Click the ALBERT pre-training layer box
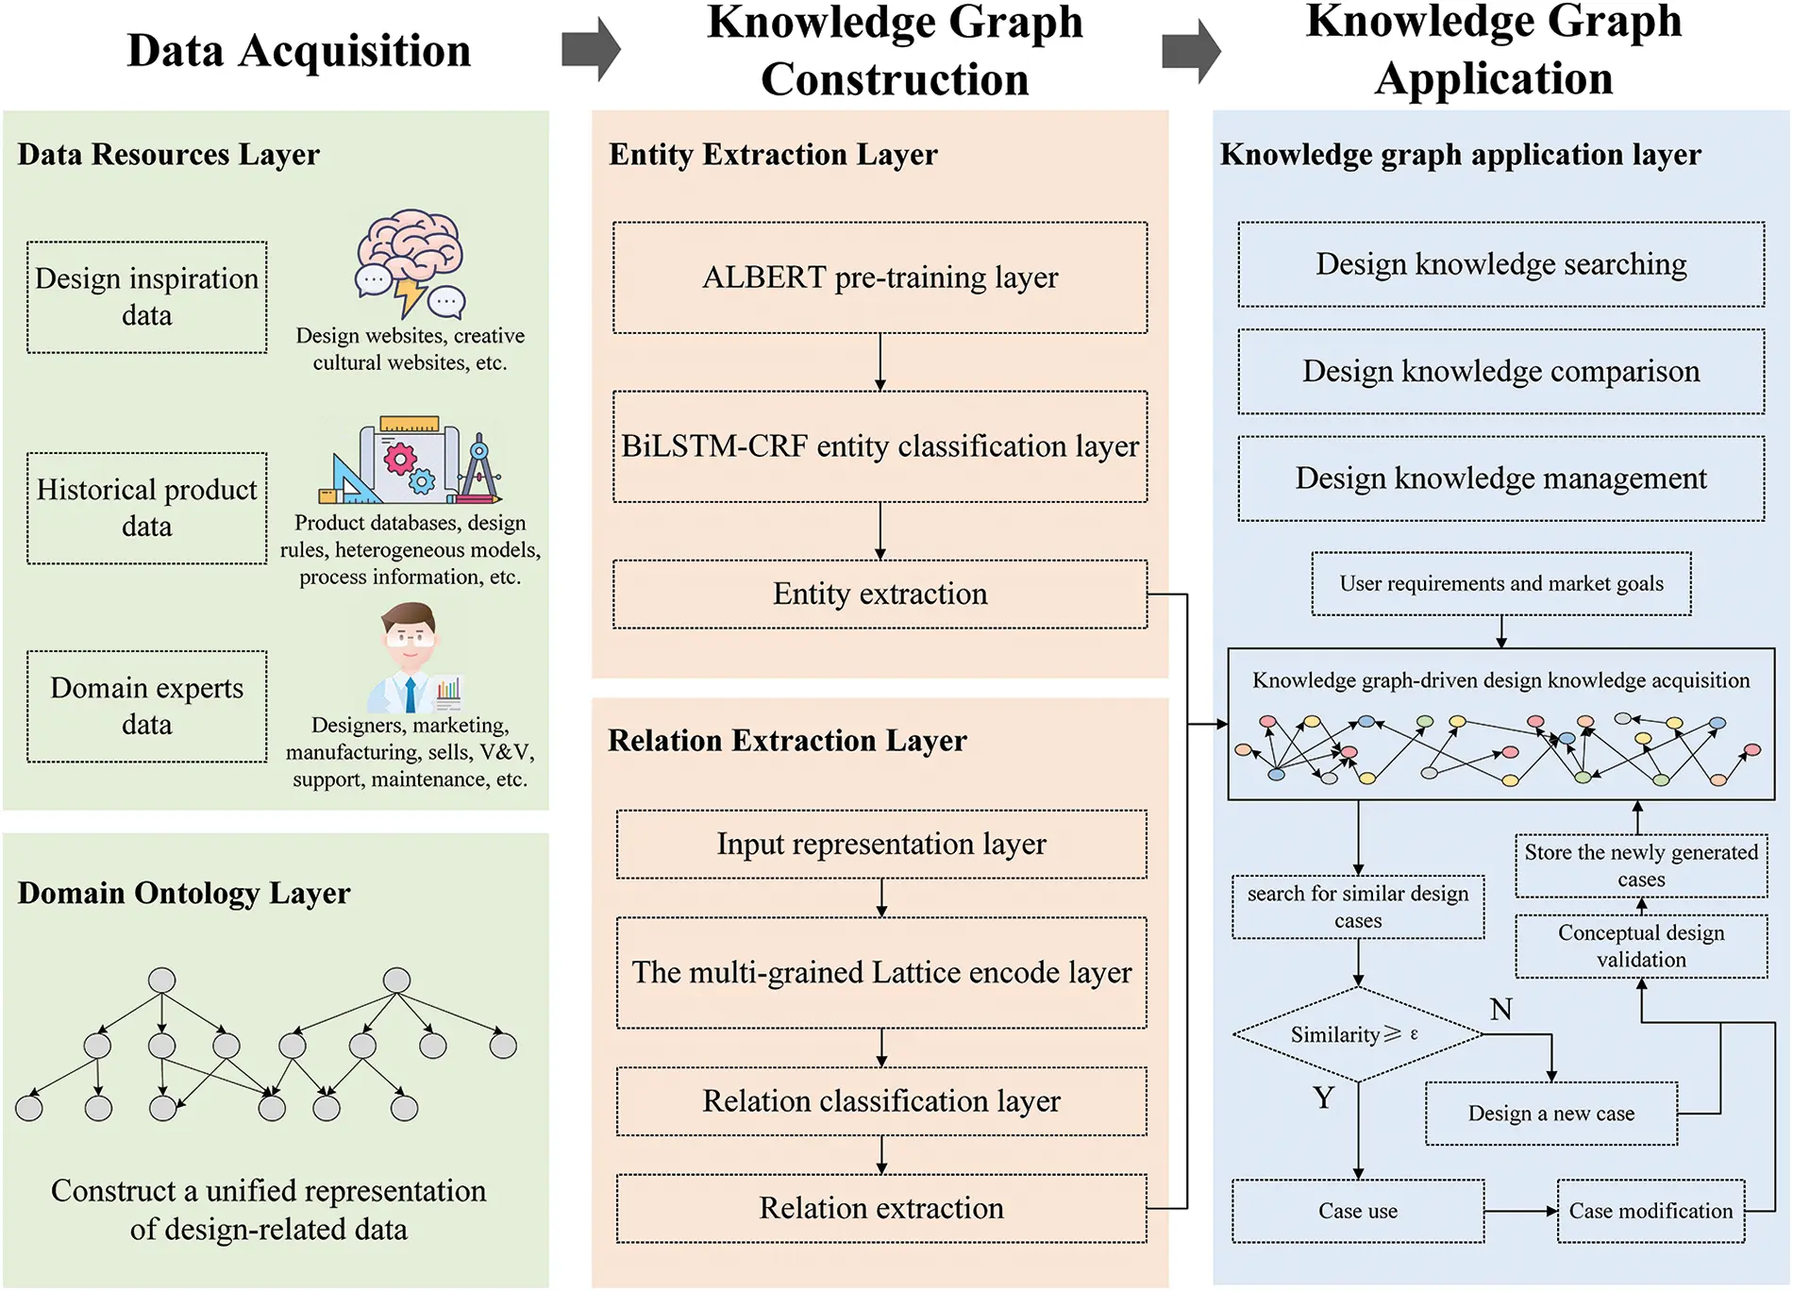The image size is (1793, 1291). point(880,277)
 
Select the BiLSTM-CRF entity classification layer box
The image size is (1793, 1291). point(880,446)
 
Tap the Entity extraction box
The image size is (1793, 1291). point(880,595)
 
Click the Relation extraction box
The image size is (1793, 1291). point(881,1208)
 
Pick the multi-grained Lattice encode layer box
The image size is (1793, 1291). point(881,972)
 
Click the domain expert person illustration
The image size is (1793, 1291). point(411,658)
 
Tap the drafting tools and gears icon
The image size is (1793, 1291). point(411,461)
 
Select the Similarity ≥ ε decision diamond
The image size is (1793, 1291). point(1357,1034)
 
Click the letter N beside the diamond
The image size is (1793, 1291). point(1500,1010)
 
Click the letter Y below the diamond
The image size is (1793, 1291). point(1323,1098)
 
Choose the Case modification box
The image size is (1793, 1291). point(1650,1211)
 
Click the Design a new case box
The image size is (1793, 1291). point(1550,1114)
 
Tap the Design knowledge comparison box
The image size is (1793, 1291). point(1500,372)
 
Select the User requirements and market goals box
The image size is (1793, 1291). point(1500,584)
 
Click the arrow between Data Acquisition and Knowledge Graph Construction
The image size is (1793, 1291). point(590,49)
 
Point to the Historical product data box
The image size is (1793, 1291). point(147,508)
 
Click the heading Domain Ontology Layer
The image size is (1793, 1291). point(184,893)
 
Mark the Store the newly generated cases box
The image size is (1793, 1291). point(1640,865)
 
